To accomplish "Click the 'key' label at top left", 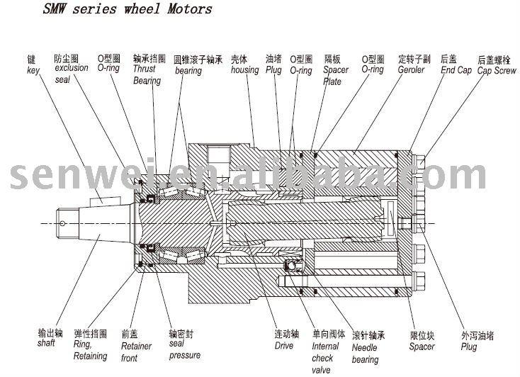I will coord(33,70).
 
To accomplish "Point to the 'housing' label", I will coord(244,70).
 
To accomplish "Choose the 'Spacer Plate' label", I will coord(334,75).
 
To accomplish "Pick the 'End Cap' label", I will coord(456,70).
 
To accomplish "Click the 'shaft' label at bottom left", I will coord(46,344).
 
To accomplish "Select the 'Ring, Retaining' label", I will coord(90,350).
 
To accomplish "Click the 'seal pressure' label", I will coord(183,349).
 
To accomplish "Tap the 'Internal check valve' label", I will coord(325,357).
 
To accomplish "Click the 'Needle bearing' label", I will coord(366,353).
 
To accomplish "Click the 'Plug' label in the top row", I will coord(273,70).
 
